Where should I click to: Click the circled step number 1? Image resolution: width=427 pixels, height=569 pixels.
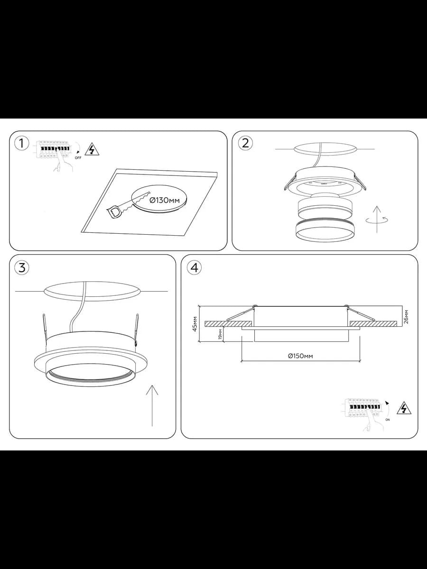point(21,144)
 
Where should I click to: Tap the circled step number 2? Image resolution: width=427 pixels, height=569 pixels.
point(245,143)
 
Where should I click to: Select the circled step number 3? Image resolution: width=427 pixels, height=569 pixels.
point(22,267)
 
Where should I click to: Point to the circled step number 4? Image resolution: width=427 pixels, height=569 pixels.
point(194,267)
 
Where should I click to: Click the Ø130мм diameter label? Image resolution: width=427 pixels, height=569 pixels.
point(165,200)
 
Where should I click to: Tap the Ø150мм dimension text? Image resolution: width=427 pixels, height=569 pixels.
point(300,356)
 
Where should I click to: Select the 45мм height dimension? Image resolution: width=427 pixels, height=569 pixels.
point(195,324)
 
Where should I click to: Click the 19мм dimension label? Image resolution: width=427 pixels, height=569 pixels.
point(220,334)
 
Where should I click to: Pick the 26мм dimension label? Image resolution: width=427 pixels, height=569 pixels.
point(406,317)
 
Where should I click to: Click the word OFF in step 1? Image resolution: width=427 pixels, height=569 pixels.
point(78,157)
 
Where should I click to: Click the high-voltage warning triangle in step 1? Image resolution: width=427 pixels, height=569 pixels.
point(93,149)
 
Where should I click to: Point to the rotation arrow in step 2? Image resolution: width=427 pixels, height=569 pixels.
point(377,220)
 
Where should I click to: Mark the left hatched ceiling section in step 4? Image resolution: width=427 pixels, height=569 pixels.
point(228,324)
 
